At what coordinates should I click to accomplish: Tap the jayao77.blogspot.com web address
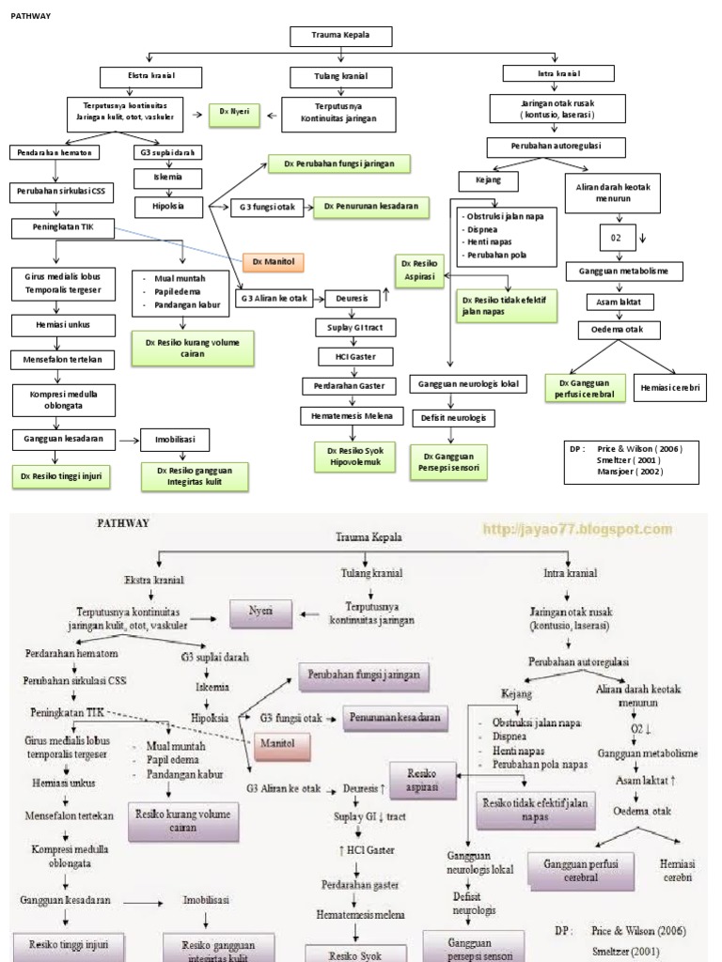pos(577,530)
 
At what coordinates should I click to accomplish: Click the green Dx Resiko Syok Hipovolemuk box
pos(352,457)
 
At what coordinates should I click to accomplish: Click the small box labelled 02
pos(617,238)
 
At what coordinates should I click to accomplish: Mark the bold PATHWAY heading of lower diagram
pos(122,523)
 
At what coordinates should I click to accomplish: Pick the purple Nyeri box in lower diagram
pos(259,611)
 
